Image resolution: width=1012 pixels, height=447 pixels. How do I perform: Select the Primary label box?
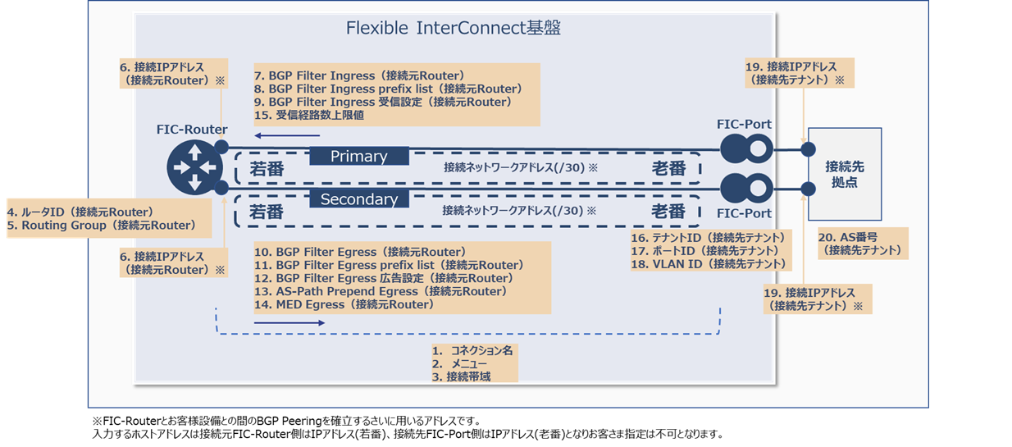tap(359, 156)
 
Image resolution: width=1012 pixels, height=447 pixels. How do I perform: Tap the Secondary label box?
tap(359, 199)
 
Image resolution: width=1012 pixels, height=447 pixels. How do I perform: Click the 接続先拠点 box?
tap(844, 174)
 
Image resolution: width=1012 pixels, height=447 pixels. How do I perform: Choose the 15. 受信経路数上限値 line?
tap(309, 116)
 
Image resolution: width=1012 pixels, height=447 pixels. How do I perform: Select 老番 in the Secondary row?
tap(668, 211)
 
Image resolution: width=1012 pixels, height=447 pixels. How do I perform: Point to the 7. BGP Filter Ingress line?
tap(359, 75)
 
